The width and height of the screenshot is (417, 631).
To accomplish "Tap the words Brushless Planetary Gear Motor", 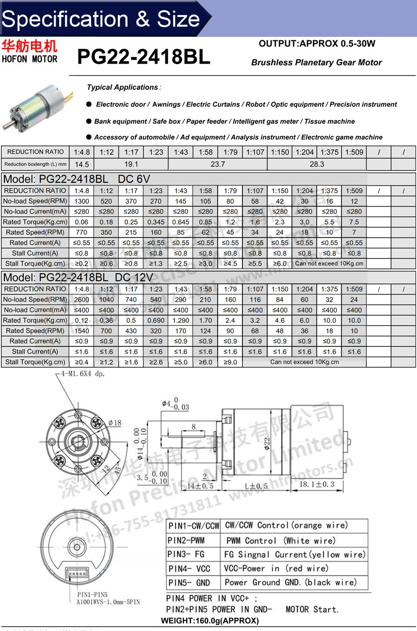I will coord(316,63).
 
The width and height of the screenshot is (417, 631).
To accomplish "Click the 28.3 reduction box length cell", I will coord(317,164).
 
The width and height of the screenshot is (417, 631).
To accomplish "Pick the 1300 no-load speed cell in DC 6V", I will coord(81,201).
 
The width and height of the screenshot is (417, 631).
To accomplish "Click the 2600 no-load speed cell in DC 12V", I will coord(81,300).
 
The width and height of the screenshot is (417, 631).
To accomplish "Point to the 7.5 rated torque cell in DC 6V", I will coord(354,222).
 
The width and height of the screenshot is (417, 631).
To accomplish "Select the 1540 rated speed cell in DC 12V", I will coord(81,331).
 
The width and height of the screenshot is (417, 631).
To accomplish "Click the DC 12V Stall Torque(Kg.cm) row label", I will coord(35,362).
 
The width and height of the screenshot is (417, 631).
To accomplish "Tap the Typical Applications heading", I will coord(122,87).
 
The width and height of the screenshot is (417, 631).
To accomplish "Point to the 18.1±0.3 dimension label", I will coord(317,484).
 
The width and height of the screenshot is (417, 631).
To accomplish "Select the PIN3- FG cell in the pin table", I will coord(192,554).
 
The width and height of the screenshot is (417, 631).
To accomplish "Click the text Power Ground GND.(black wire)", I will coord(290,582).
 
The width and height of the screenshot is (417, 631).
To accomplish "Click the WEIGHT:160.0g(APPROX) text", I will coord(209,621).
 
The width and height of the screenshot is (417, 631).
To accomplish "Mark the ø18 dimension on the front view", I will coord(114,423).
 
